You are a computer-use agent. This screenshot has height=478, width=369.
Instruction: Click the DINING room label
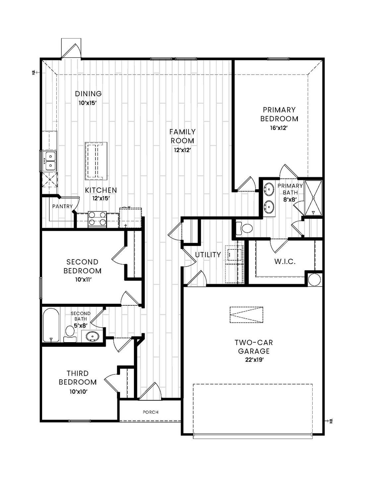coord(88,94)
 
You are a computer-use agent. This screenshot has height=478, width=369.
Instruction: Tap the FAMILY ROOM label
coord(182,136)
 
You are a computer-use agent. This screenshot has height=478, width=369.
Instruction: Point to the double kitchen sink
coord(50,160)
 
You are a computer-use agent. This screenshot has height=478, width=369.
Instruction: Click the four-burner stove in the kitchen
coord(97,219)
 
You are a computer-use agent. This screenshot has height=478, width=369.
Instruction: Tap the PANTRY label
coord(62,206)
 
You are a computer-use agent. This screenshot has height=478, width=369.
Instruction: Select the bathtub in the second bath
coord(51,325)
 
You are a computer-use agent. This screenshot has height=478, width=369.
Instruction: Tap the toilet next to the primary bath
coord(245,228)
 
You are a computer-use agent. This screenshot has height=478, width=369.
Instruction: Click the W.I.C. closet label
coord(285,262)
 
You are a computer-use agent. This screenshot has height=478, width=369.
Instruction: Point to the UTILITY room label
coord(208,255)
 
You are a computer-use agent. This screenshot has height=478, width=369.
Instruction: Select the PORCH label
coord(151,412)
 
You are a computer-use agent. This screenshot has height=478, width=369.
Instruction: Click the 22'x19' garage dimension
coord(252,359)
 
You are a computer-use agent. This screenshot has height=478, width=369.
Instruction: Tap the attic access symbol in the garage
coord(247,315)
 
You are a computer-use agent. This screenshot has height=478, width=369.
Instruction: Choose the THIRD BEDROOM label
coord(78,378)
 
